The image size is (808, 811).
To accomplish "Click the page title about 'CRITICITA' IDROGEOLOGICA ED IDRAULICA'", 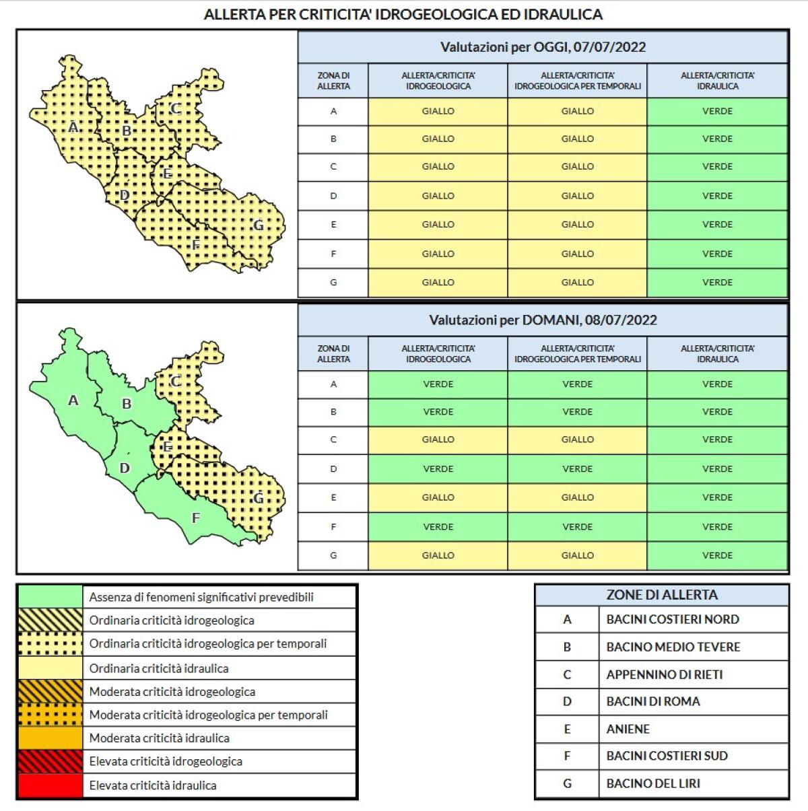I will point(403,14).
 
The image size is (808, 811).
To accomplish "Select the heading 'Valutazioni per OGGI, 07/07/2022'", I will point(543,47).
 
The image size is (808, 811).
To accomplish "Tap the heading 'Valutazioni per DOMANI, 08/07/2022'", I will point(543,320).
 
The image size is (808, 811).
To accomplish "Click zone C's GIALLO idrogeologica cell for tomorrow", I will point(438,439).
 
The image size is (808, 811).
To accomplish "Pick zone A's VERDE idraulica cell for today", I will point(717,111).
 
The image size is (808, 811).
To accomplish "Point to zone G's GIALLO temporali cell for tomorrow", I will point(577,555).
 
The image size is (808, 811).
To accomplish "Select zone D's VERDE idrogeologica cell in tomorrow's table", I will point(438,469).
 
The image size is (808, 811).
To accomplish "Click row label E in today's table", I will point(333,225).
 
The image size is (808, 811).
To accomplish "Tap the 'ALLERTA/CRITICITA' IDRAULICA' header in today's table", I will point(717,81).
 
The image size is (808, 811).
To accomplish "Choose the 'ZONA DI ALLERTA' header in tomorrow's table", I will point(333,354).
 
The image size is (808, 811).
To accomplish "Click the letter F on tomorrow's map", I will point(196,518).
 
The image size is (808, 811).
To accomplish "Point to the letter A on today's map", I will point(73,127).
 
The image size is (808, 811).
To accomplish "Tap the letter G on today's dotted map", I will point(258,225).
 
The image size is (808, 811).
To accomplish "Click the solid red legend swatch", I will point(50,785).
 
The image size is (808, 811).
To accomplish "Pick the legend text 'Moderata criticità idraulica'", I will point(160,738).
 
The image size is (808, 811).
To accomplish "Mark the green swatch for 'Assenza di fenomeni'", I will point(50,597).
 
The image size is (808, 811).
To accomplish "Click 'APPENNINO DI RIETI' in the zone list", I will point(664,674).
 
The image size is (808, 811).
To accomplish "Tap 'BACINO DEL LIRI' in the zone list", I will point(653,783).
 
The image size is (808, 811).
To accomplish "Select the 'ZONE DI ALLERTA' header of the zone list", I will point(661,595).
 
